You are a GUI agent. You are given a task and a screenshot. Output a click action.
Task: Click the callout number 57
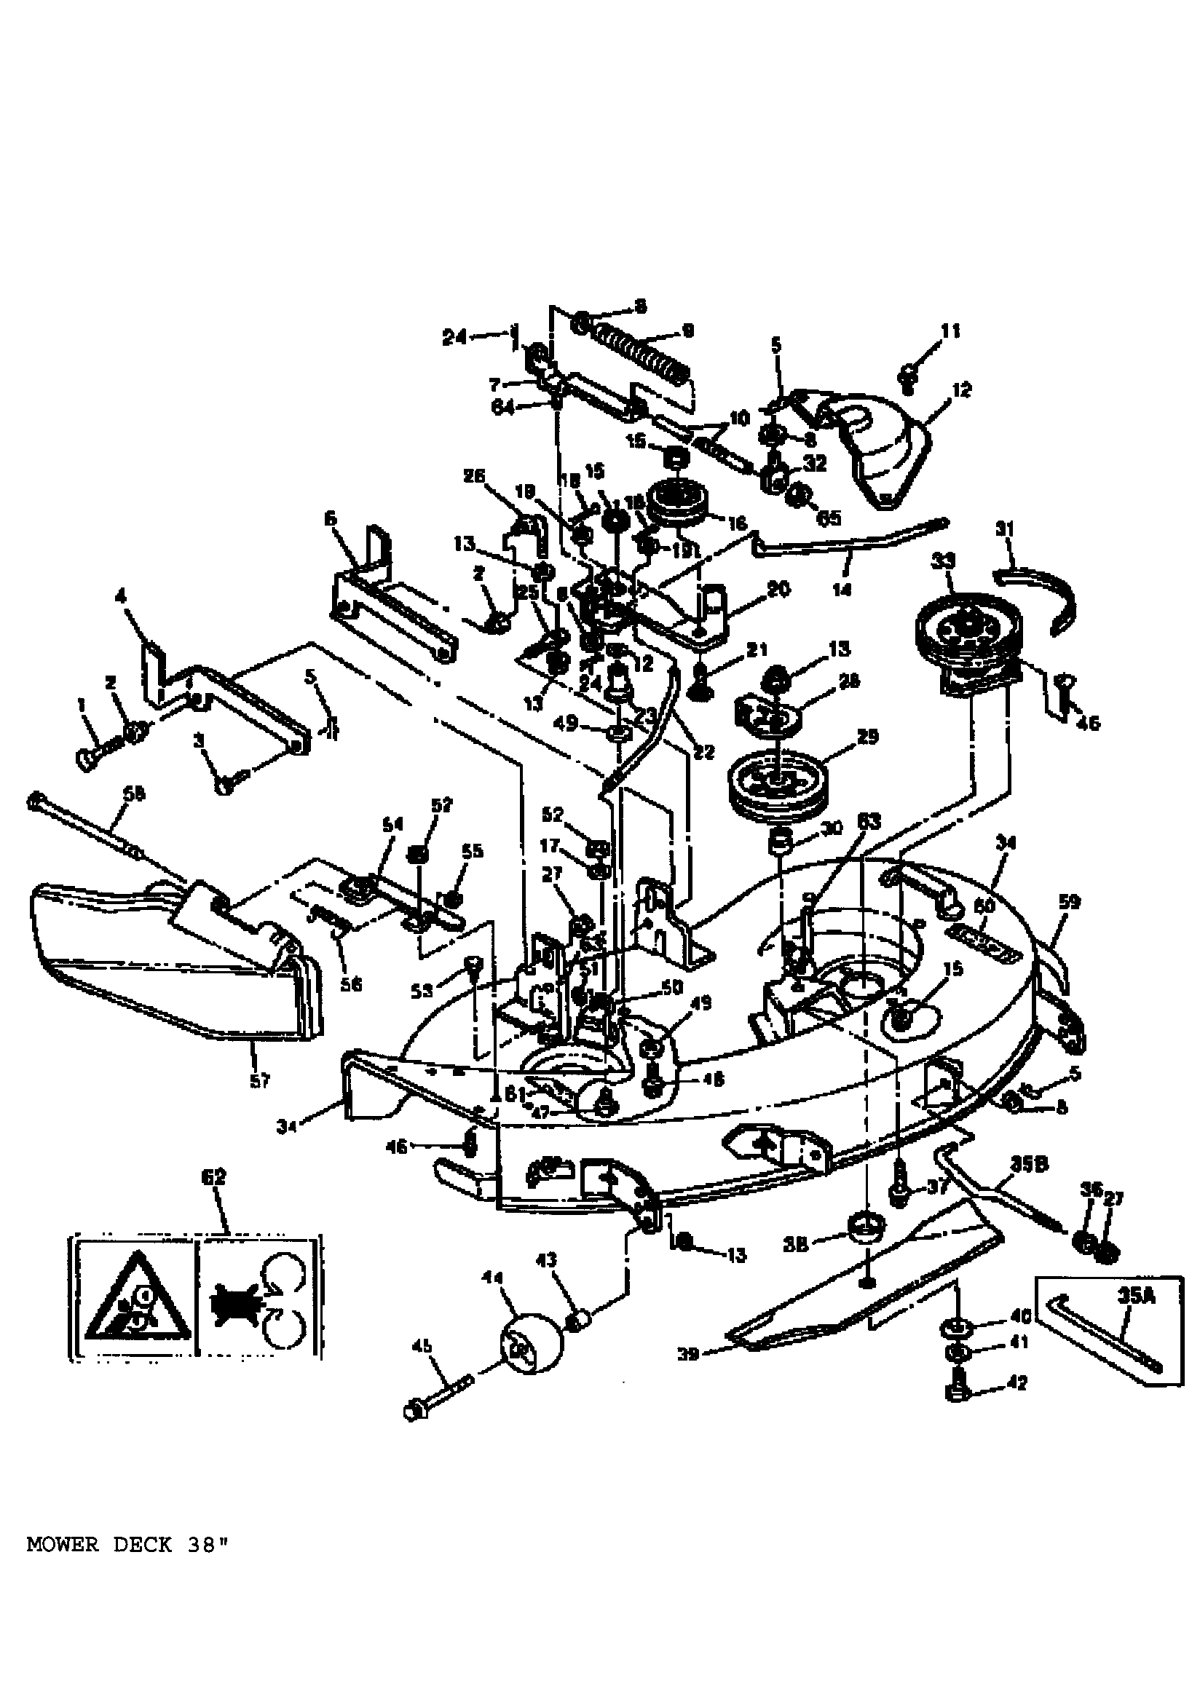[258, 1082]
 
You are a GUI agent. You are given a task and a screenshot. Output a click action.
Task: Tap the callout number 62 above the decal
[213, 1177]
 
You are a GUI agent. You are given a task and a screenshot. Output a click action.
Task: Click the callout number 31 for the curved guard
[1004, 529]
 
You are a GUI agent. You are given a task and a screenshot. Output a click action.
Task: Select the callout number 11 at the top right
[951, 330]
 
